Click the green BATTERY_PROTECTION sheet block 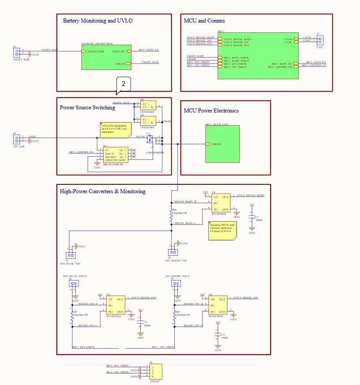pyautogui.click(x=106, y=57)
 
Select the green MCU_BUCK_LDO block pyautogui.click(x=222, y=144)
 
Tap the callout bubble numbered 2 pyautogui.click(x=124, y=84)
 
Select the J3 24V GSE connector pyautogui.click(x=17, y=139)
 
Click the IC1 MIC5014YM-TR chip pyautogui.click(x=115, y=154)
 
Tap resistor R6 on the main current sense pyautogui.click(x=171, y=213)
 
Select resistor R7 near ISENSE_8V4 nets pyautogui.click(x=71, y=315)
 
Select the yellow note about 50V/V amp pyautogui.click(x=223, y=230)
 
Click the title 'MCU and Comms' pyautogui.click(x=204, y=21)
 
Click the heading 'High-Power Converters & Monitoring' pyautogui.click(x=102, y=191)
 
